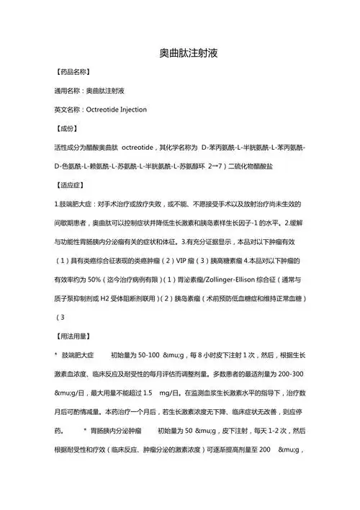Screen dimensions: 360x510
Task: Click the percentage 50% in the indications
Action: click(x=95, y=278)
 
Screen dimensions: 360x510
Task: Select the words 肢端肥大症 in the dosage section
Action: click(x=78, y=355)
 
